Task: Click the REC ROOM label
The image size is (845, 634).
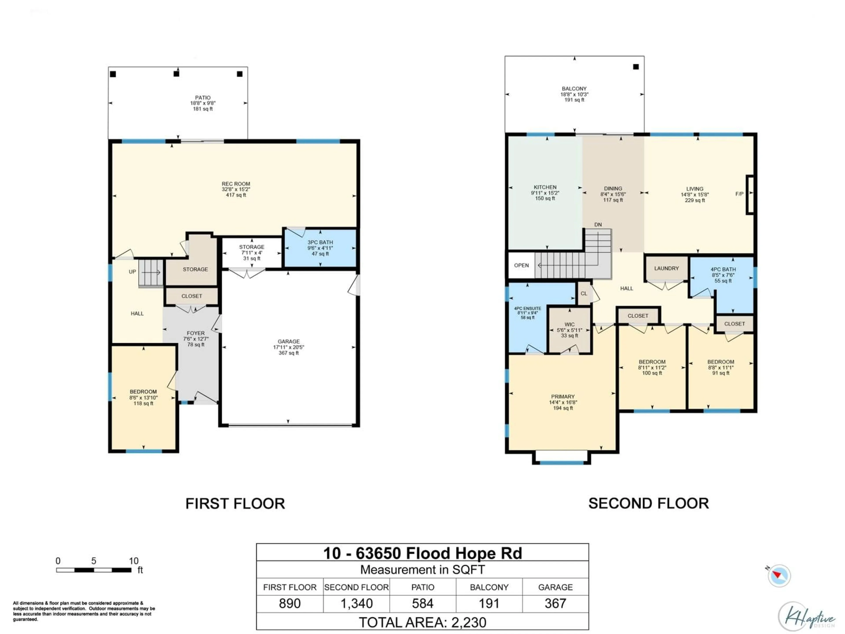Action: pos(236,184)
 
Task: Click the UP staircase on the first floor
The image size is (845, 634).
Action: pos(151,273)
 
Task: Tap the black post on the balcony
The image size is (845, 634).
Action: pos(636,67)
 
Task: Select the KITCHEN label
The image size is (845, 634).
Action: pos(545,187)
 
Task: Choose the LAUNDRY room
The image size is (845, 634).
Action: pos(666,269)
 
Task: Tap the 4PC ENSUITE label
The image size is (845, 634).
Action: pos(527,308)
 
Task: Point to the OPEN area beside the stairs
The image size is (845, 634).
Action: pos(521,265)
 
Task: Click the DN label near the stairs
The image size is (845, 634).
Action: pos(598,225)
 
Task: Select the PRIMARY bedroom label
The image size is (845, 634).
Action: pos(562,397)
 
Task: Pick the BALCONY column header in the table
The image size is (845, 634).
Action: pos(489,587)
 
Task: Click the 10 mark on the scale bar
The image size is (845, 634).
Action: pos(133,561)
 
